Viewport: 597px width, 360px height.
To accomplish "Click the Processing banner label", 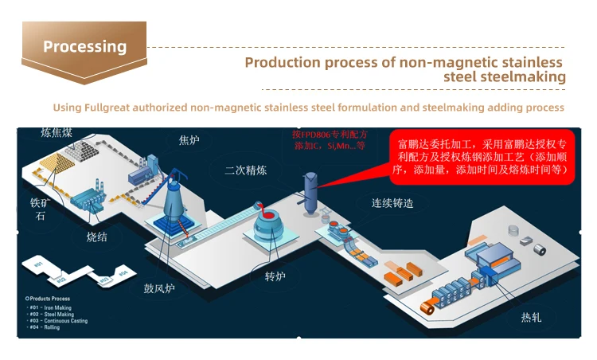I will tap(84, 46).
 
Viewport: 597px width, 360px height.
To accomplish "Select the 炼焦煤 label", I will tap(57, 132).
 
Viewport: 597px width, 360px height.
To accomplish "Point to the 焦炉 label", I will tap(189, 140).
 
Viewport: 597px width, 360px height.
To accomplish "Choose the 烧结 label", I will tap(96, 237).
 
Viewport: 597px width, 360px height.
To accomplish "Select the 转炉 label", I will tap(274, 277).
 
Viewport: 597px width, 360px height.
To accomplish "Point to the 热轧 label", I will tap(531, 317).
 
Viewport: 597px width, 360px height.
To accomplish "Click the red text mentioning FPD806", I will tap(329, 140).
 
